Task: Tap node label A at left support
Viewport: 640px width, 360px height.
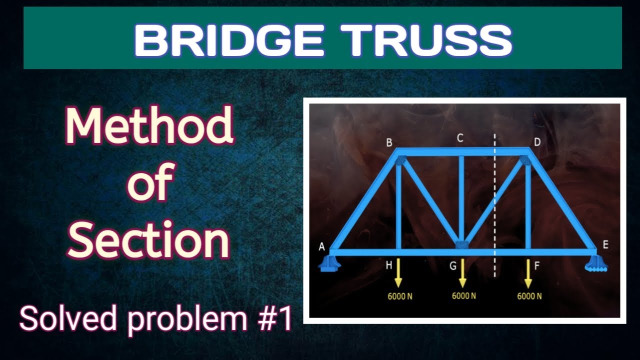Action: (x=322, y=246)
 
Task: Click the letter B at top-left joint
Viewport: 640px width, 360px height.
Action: (x=389, y=143)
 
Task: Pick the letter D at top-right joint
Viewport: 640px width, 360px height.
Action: (x=537, y=142)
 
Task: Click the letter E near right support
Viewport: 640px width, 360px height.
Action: (x=605, y=244)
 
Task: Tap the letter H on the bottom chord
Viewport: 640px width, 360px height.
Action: (x=388, y=266)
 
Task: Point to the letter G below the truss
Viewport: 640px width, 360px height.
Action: (x=452, y=266)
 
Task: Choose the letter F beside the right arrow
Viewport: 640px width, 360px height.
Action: (x=537, y=266)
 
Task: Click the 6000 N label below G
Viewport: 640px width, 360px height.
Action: (x=464, y=295)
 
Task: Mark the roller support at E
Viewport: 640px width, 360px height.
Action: (x=596, y=264)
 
